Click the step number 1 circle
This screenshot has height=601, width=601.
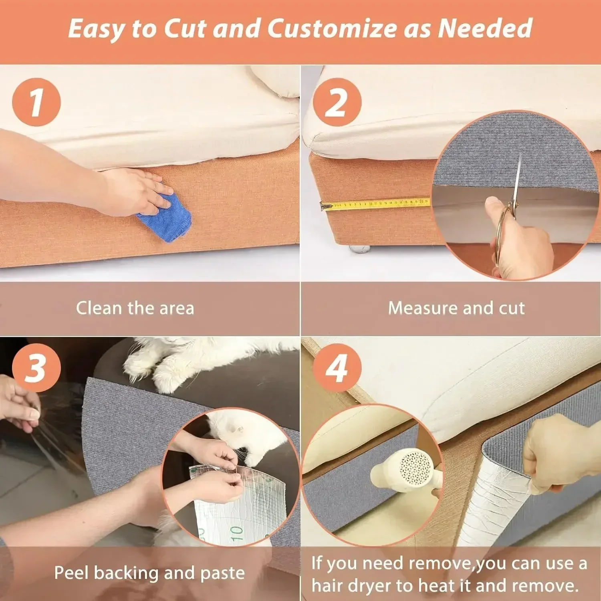[x=36, y=102]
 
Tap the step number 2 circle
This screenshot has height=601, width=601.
[x=337, y=102]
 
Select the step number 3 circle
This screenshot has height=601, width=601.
[x=36, y=367]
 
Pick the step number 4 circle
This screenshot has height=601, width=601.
[x=337, y=367]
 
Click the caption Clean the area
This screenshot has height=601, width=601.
[x=135, y=308]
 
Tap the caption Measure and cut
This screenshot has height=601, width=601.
[x=456, y=308]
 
